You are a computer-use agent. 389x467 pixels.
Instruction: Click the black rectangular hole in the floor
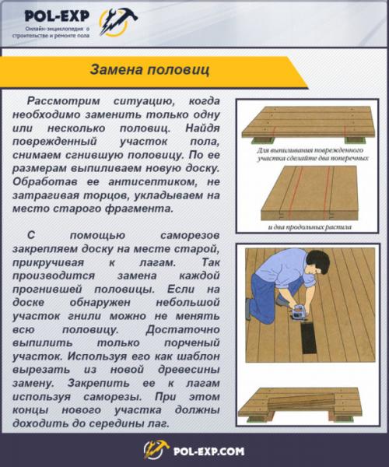coord(309,339)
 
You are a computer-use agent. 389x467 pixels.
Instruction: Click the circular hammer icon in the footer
coord(156,449)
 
